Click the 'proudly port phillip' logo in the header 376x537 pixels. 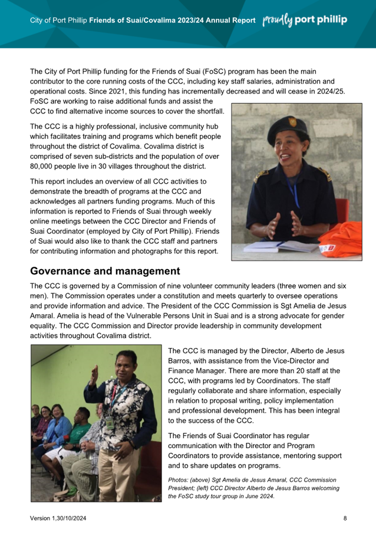point(305,20)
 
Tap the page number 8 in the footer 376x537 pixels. point(345,518)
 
